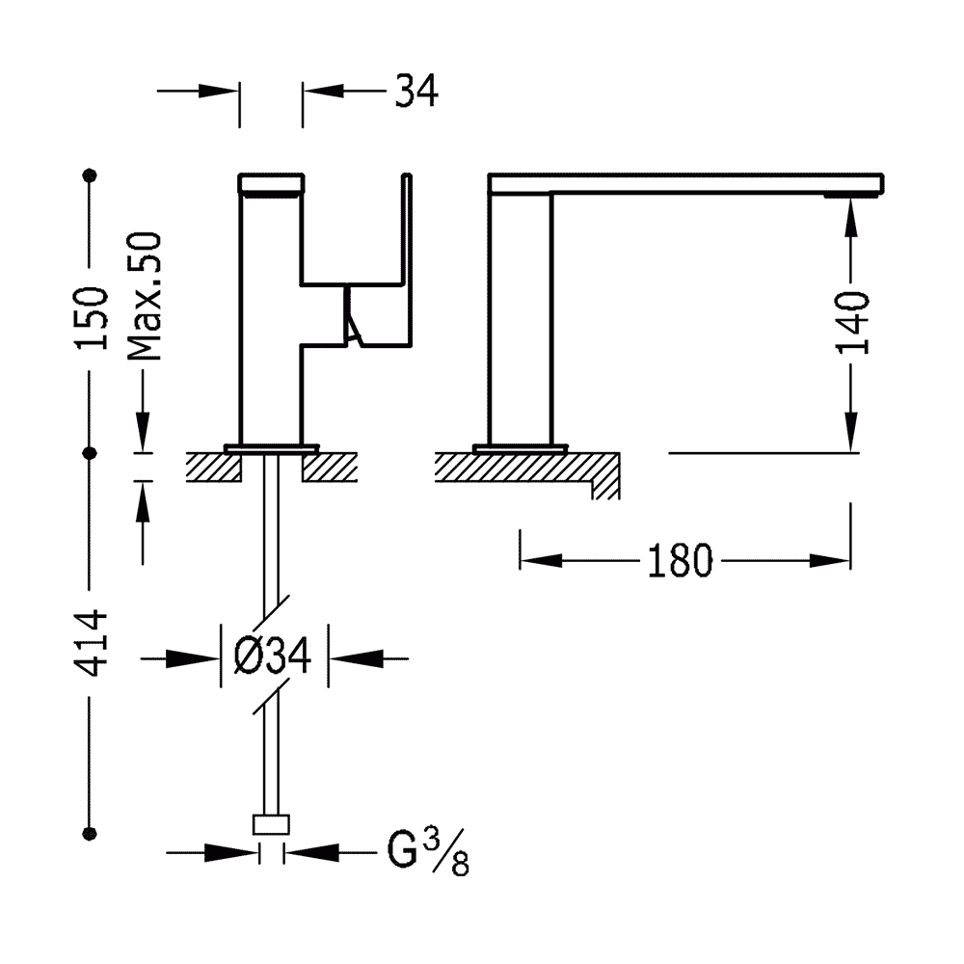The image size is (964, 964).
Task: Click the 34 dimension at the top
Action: tap(416, 92)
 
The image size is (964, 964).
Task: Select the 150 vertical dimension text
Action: tap(92, 318)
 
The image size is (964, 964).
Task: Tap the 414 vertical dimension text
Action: tap(91, 643)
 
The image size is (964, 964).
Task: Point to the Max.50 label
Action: tap(145, 296)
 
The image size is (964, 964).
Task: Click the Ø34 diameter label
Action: tap(273, 656)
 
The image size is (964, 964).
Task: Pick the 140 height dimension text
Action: tap(852, 323)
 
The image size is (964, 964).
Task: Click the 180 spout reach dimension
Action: tap(680, 561)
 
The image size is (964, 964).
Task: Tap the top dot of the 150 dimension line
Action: tap(91, 175)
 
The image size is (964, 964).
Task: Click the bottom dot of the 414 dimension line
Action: tap(91, 834)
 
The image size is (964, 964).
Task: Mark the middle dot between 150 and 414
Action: tap(91, 453)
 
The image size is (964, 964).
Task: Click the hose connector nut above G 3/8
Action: tap(271, 824)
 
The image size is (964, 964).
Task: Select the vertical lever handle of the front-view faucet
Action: tap(407, 260)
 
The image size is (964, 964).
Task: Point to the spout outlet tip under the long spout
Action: tap(853, 195)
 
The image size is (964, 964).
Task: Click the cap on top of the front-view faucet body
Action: tap(271, 183)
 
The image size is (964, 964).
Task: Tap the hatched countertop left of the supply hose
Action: tap(213, 468)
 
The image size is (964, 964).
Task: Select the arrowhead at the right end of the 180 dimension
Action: tap(831, 561)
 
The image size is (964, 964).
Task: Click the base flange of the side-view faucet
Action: tap(521, 448)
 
